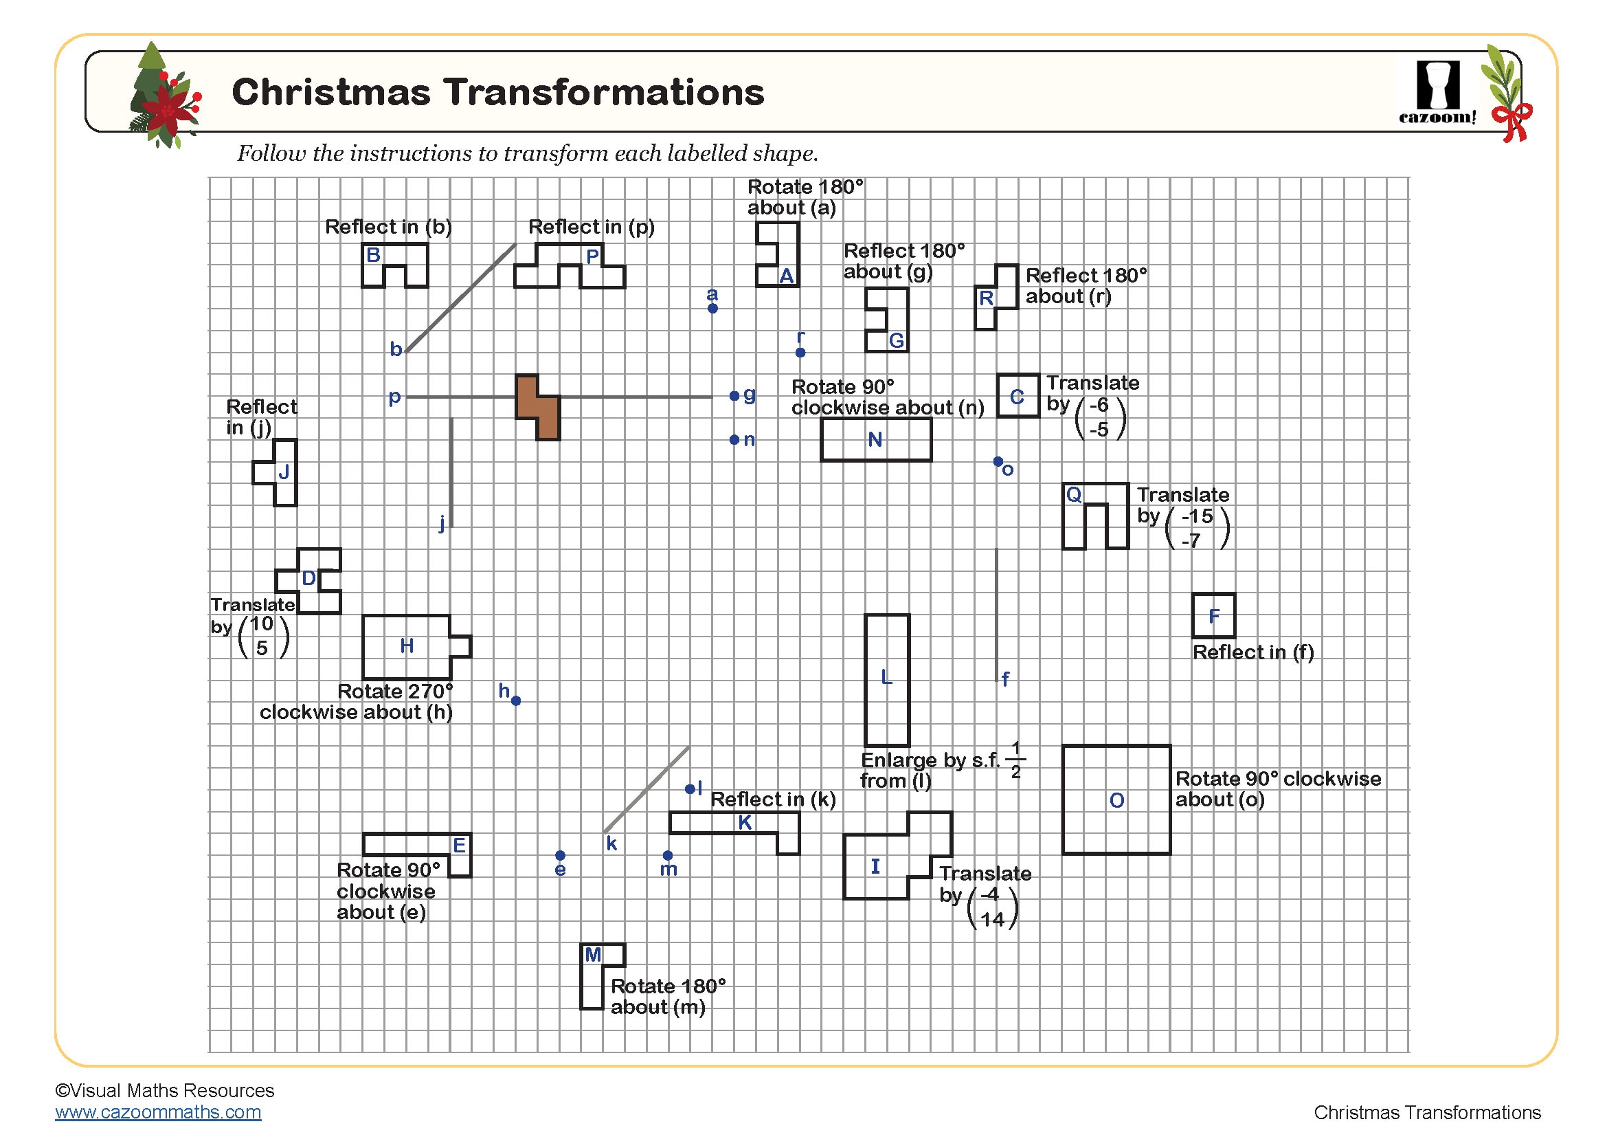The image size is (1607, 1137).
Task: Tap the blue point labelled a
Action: coord(712,308)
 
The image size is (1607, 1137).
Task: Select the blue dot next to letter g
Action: coord(734,396)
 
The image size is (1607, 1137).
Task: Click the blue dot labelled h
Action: coord(516,700)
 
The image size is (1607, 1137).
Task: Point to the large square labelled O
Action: coord(1116,799)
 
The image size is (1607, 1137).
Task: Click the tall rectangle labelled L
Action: coord(887,679)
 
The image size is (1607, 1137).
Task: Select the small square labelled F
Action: coord(1213,615)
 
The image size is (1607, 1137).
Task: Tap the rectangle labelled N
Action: coord(875,440)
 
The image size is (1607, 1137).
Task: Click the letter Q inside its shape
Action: coord(1074,495)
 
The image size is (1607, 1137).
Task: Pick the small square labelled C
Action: coord(1018,396)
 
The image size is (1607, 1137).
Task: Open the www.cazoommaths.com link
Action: coord(158,1112)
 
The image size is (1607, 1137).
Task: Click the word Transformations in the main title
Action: coord(603,92)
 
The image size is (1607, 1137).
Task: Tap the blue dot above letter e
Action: coord(560,856)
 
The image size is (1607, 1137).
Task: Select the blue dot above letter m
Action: coord(668,856)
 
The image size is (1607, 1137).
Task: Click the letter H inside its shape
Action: coord(407,645)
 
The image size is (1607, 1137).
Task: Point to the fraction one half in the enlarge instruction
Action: coord(1015,760)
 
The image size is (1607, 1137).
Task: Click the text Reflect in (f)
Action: coord(1253,652)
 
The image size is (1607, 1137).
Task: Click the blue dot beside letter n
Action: coord(734,440)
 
